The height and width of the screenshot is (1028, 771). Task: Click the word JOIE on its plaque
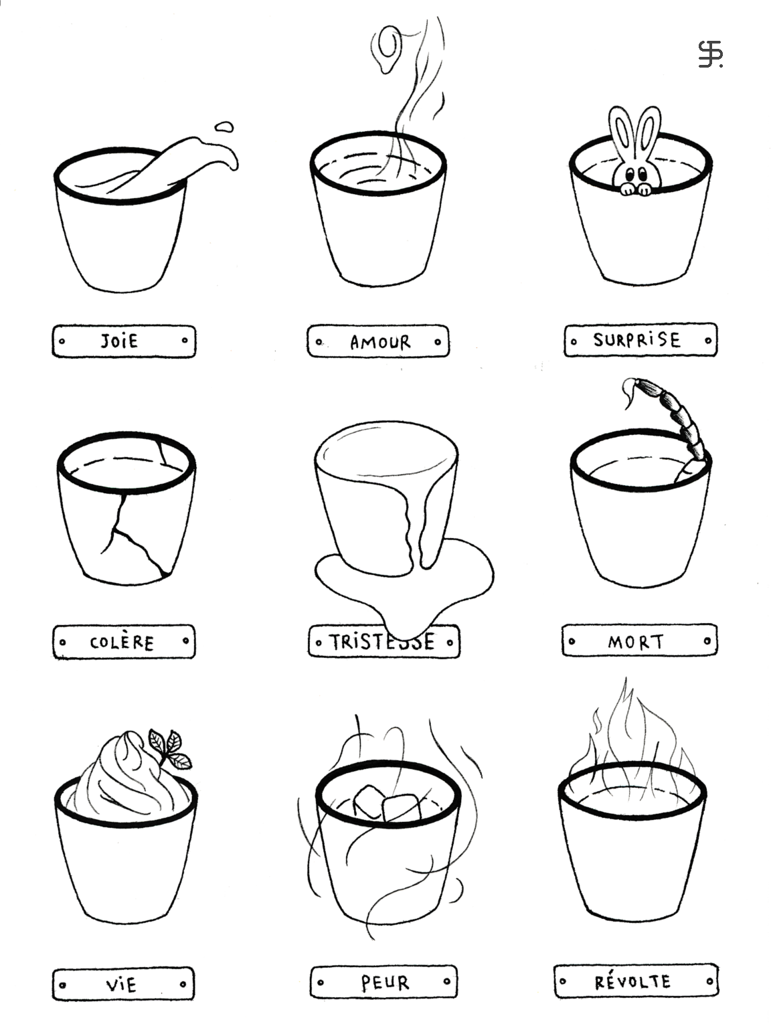pyautogui.click(x=120, y=341)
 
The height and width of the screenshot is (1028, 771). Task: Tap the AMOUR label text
pyautogui.click(x=380, y=343)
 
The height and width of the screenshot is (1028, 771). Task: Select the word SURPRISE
pyautogui.click(x=636, y=339)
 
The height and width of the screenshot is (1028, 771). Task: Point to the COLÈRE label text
pyautogui.click(x=122, y=642)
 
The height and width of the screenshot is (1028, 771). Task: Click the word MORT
pyautogui.click(x=636, y=641)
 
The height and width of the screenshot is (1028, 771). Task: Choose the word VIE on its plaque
pyautogui.click(x=121, y=984)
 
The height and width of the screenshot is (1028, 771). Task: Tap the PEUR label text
pyautogui.click(x=385, y=982)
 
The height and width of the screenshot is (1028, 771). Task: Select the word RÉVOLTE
pyautogui.click(x=632, y=981)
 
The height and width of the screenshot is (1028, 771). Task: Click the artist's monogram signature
pyautogui.click(x=710, y=54)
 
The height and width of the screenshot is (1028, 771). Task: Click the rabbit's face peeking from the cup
pyautogui.click(x=636, y=177)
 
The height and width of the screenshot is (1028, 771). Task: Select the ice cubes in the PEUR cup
pyautogui.click(x=386, y=804)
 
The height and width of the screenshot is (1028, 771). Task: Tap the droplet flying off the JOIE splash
pyautogui.click(x=224, y=126)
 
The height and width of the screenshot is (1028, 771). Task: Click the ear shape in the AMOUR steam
pyautogui.click(x=387, y=49)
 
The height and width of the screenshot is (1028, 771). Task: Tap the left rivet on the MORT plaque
pyautogui.click(x=572, y=640)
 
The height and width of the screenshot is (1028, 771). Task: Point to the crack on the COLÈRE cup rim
pyautogui.click(x=165, y=450)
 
